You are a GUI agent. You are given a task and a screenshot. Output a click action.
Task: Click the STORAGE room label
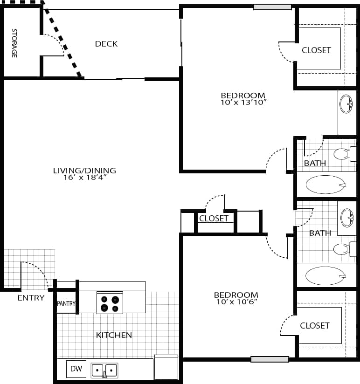(14, 43)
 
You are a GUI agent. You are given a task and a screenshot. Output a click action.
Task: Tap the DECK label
(106, 44)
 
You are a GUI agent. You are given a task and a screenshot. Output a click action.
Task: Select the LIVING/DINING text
(84, 171)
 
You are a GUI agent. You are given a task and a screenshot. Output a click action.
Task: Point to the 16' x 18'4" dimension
(84, 178)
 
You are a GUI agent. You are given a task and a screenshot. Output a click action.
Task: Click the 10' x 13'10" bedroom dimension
(243, 102)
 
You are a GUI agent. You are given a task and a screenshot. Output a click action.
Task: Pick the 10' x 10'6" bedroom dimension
(236, 302)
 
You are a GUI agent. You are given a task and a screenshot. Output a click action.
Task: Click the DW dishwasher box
(76, 369)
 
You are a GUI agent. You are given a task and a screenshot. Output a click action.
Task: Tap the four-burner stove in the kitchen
(110, 303)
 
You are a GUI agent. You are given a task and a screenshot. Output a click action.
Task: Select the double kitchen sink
(104, 370)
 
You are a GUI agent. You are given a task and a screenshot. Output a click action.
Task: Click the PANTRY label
(66, 304)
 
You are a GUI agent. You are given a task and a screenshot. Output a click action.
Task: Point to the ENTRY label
(31, 298)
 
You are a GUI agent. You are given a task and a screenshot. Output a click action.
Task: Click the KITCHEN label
(114, 335)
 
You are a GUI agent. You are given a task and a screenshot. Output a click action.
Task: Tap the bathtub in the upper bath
(325, 185)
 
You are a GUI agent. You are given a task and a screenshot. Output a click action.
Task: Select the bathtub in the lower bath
(325, 276)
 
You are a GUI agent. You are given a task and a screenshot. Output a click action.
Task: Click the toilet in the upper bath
(344, 153)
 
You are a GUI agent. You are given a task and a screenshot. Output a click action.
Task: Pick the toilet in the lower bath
(344, 249)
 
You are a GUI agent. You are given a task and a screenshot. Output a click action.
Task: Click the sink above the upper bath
(346, 104)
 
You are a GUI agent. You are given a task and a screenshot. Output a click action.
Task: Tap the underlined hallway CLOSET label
(214, 219)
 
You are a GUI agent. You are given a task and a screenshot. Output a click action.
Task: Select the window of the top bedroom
(272, 7)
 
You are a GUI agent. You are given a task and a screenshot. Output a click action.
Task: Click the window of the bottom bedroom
(270, 359)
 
